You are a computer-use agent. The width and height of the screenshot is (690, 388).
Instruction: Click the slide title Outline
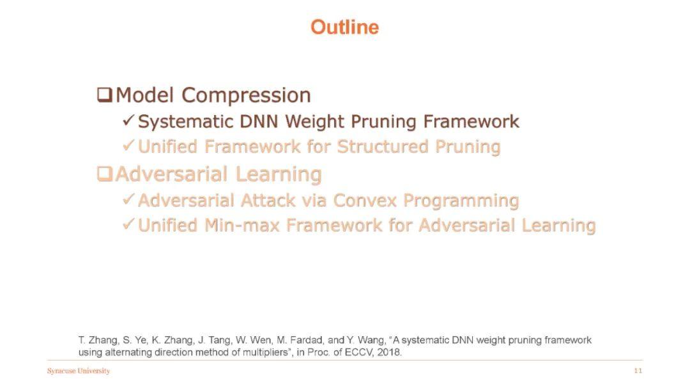344,27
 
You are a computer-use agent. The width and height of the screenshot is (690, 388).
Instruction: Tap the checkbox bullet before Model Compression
104,95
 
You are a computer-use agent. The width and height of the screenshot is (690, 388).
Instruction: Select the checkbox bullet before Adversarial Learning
104,174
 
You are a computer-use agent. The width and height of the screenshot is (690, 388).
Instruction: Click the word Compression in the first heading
246,95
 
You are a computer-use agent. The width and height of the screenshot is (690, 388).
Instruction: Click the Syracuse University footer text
79,371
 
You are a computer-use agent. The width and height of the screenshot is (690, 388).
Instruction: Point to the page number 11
638,371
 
